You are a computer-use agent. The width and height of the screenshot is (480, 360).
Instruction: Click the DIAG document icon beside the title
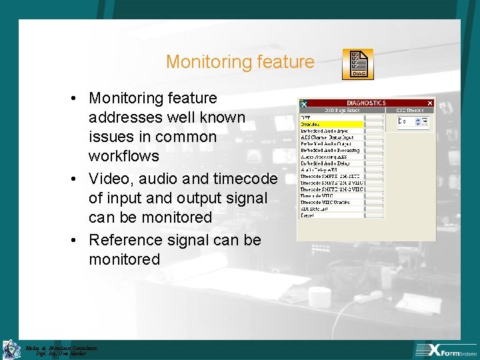[357, 64]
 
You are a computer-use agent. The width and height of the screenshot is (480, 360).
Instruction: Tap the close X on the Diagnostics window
[429, 103]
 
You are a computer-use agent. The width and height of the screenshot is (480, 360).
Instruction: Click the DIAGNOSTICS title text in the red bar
[365, 103]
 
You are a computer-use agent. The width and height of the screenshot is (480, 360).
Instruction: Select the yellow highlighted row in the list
[331, 124]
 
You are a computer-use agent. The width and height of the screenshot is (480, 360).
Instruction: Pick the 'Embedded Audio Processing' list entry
[330, 150]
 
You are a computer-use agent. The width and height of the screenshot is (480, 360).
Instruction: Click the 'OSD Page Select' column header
[344, 110]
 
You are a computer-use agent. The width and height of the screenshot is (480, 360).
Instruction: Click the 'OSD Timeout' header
[410, 110]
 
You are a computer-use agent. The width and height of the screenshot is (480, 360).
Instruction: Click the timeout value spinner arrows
[424, 121]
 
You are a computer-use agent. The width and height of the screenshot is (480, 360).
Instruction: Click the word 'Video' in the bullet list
[109, 179]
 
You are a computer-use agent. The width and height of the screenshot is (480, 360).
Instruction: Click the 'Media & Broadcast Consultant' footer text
[61, 347]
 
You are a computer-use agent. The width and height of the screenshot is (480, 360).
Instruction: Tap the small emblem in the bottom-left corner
[11, 349]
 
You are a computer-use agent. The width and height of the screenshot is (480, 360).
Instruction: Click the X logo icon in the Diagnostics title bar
[303, 103]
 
